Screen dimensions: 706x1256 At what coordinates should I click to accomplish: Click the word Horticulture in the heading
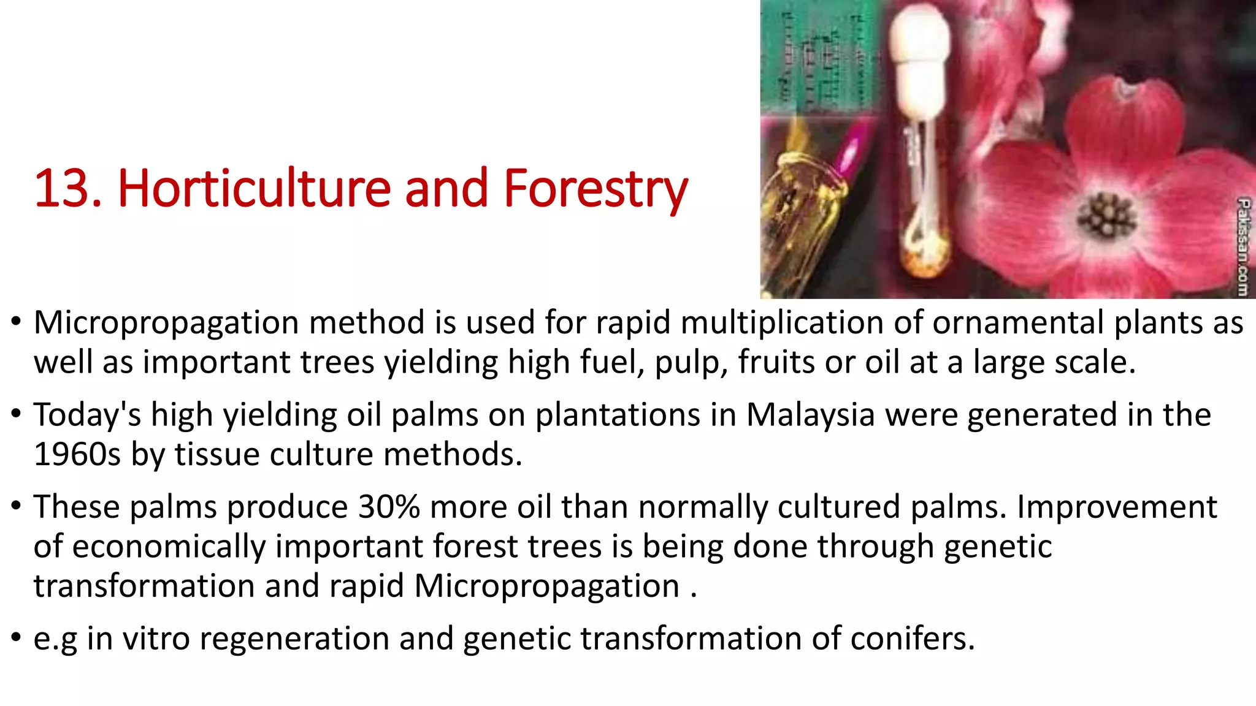[254, 189]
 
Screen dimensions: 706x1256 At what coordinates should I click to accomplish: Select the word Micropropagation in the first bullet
[167, 323]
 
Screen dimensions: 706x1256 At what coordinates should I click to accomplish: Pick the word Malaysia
[810, 415]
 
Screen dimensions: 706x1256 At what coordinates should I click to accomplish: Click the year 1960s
[77, 455]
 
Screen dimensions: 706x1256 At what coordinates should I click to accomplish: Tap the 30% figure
[389, 507]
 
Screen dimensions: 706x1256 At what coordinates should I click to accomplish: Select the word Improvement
[1116, 507]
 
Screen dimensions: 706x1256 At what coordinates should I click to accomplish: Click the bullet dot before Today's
[17, 414]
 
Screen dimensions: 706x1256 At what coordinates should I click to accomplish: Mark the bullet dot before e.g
[17, 637]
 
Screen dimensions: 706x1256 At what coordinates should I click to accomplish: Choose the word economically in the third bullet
[168, 547]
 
